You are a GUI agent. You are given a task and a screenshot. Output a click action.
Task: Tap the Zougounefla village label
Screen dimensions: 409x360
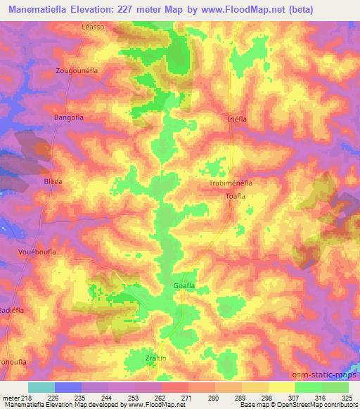pos(79,71)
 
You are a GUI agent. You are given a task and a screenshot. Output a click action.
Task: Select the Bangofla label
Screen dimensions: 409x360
pos(69,117)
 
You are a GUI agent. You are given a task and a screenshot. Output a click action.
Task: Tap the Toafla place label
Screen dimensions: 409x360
pos(234,196)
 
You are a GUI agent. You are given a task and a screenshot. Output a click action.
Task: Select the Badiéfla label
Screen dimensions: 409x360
pos(13,309)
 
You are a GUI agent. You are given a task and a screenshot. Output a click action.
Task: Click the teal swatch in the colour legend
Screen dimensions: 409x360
pos(41,387)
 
